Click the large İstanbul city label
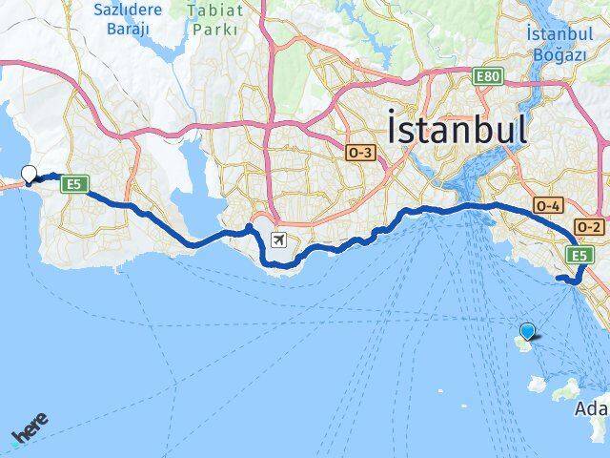pyautogui.click(x=457, y=128)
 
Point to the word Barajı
pyautogui.click(x=127, y=30)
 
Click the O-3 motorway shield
pyautogui.click(x=360, y=153)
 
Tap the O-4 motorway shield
pyautogui.click(x=547, y=204)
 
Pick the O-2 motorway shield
pyautogui.click(x=590, y=227)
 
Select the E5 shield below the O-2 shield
pyautogui.click(x=579, y=255)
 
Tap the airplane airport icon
pyautogui.click(x=279, y=239)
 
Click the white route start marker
pyautogui.click(x=30, y=175)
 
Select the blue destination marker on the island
pyautogui.click(x=528, y=331)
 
